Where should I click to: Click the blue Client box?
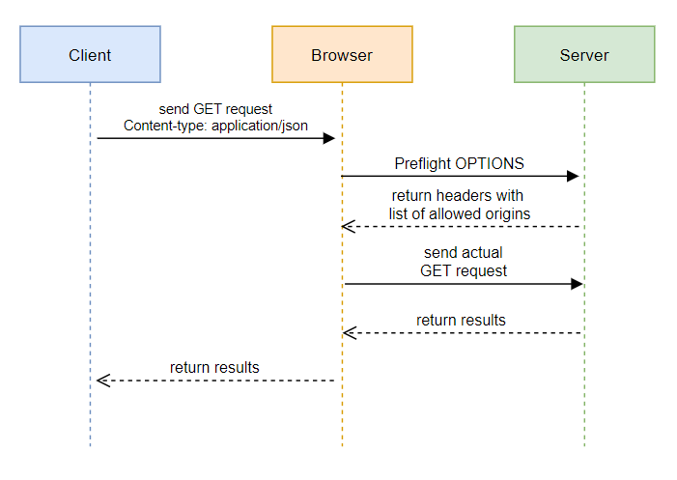(90, 54)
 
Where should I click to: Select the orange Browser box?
(343, 54)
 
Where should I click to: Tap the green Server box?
(584, 54)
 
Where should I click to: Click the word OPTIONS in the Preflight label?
(490, 163)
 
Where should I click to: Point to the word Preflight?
(423, 164)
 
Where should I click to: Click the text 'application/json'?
(260, 126)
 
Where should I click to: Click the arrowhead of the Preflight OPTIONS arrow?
(573, 176)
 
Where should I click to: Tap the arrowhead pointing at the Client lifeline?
(103, 381)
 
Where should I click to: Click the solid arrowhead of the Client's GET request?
(329, 138)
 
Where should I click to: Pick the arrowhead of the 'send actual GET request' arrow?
(577, 284)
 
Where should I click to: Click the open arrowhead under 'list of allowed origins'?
(349, 227)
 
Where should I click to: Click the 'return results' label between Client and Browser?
(214, 367)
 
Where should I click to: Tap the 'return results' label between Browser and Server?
(461, 321)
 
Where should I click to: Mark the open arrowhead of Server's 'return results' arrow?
(350, 333)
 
